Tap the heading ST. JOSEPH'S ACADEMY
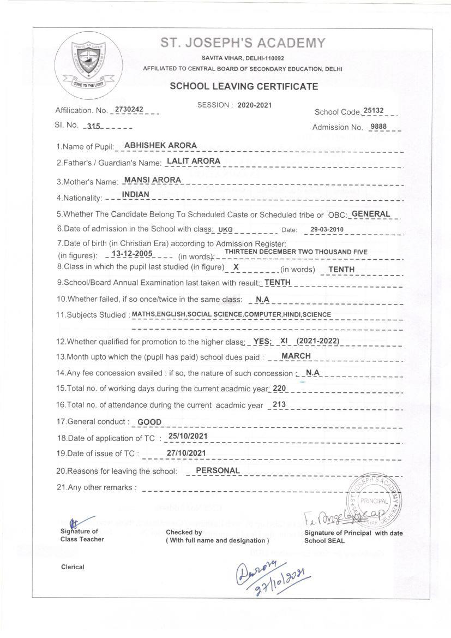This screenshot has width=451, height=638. tap(243, 43)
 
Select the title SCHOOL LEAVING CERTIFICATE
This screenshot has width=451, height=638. tap(244, 86)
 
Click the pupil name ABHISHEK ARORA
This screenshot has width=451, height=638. tap(160, 145)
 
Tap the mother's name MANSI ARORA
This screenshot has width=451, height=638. tap(152, 179)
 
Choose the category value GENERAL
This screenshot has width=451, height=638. tap(371, 213)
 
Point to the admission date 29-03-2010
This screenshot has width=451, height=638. tap(323, 229)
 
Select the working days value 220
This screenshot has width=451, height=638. tap(279, 388)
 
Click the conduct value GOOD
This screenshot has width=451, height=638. tap(149, 422)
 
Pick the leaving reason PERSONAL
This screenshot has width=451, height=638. tap(218, 470)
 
